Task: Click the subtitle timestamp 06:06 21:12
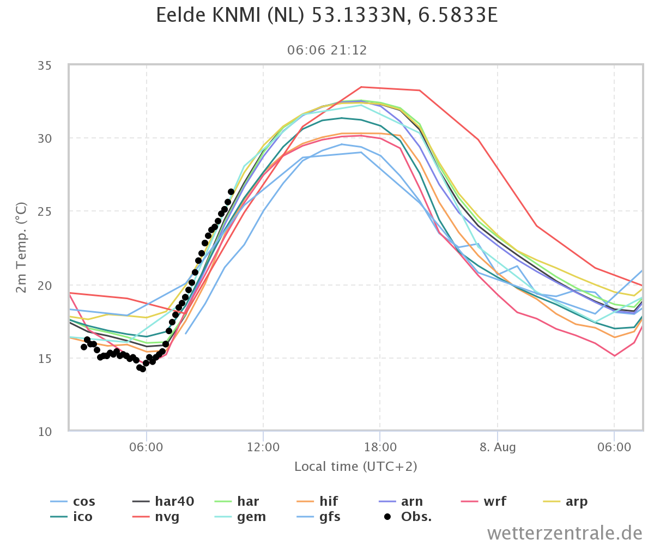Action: tap(326, 50)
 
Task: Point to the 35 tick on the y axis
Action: tap(45, 66)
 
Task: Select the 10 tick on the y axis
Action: tap(45, 432)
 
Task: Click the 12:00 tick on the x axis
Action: tap(263, 447)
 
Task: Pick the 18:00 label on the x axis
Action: tap(380, 447)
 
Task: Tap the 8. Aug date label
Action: tap(498, 447)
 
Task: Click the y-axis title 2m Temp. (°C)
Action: tap(21, 248)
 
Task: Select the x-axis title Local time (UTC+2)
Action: tap(356, 467)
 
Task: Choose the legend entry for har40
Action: tap(163, 501)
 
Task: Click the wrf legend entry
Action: tap(483, 501)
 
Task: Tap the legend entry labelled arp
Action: tap(565, 502)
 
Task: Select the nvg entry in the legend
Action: tap(156, 517)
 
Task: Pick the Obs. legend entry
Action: tap(408, 517)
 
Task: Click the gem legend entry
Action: tap(240, 517)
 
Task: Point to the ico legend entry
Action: tap(71, 517)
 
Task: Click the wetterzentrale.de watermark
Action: tap(565, 534)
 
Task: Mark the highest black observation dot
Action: tap(231, 192)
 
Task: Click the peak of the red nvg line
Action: tap(361, 87)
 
